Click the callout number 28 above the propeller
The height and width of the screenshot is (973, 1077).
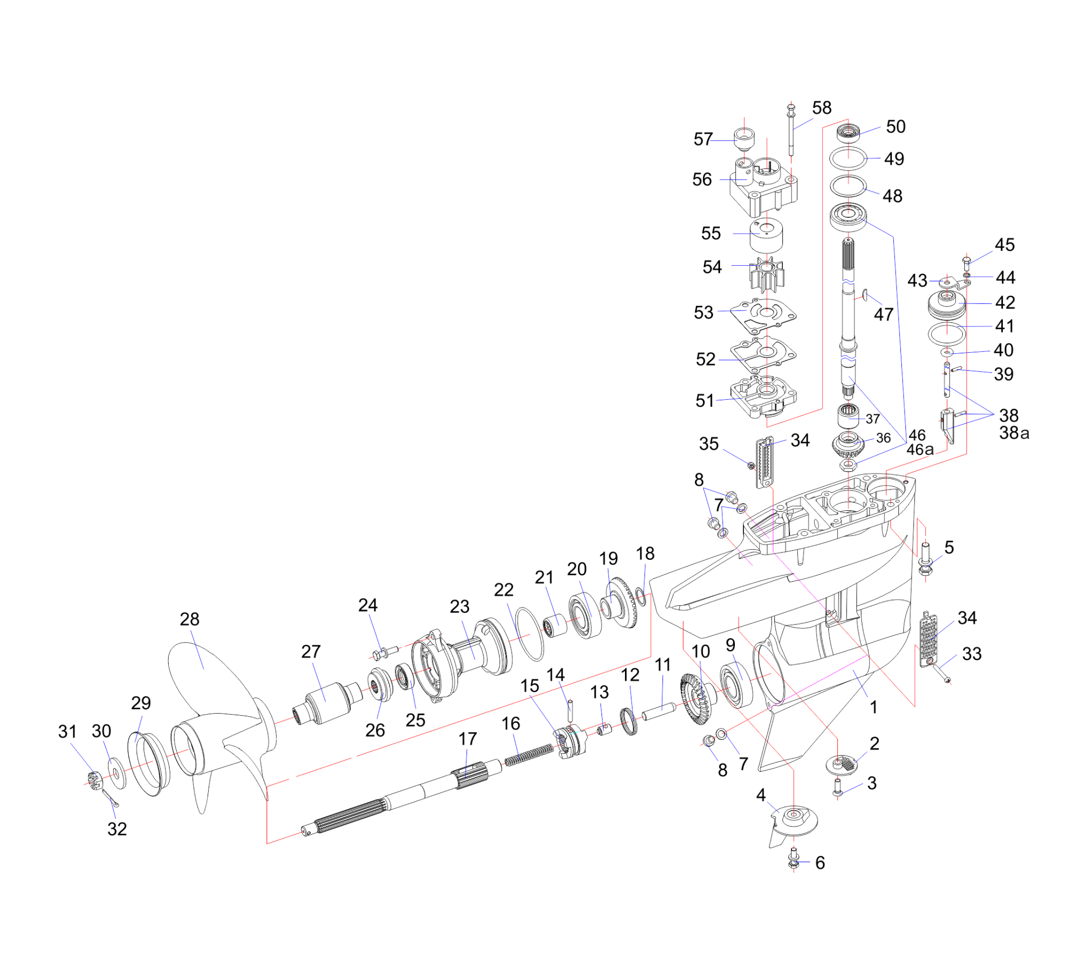[189, 619]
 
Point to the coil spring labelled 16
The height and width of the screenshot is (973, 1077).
[529, 755]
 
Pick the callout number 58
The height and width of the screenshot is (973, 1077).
[822, 108]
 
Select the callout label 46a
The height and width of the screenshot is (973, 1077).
[920, 450]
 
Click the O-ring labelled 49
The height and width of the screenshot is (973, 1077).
[848, 159]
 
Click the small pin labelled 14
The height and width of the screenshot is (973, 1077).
[570, 709]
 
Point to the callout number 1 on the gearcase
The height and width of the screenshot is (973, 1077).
[874, 707]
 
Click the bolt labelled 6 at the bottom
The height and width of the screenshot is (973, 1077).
[794, 861]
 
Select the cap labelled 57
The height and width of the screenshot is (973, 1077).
[743, 140]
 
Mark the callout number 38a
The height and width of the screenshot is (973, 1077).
[1014, 433]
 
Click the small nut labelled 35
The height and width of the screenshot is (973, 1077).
[750, 466]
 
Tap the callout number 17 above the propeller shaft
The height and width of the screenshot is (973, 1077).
[468, 739]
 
